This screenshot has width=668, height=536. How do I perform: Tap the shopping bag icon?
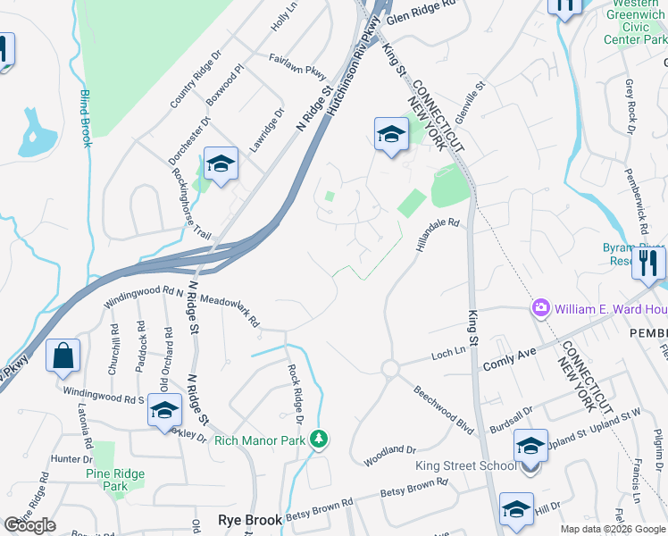(63, 356)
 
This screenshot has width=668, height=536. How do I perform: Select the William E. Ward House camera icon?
(541, 309)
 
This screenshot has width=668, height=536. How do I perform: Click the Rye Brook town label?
(250, 519)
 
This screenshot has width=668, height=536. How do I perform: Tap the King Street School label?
(465, 465)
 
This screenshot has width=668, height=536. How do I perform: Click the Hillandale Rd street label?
(437, 235)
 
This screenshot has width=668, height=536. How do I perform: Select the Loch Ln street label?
(447, 354)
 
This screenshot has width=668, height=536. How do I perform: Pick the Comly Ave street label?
(509, 358)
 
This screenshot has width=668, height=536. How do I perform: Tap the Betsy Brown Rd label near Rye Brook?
(413, 488)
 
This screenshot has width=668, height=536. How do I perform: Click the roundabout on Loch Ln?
(389, 368)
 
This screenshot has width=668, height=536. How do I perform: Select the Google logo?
(30, 526)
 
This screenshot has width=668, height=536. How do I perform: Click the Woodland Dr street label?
(391, 456)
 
